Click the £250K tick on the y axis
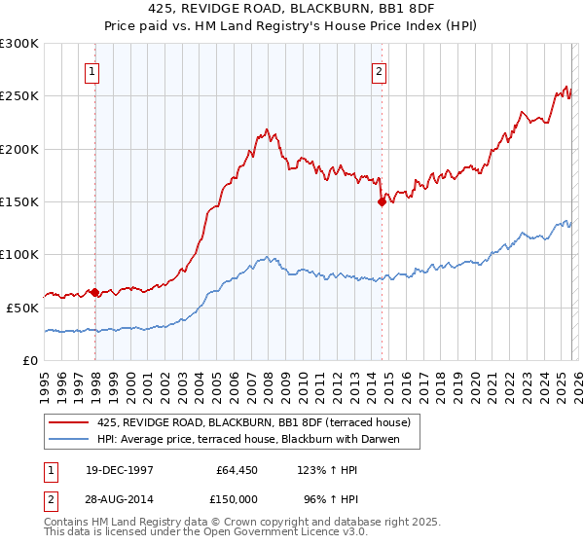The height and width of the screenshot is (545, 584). click(x=19, y=96)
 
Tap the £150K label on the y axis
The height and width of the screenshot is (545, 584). click(x=19, y=201)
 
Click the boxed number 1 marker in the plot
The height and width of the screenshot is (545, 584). click(x=91, y=70)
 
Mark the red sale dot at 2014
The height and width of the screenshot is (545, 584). click(x=382, y=202)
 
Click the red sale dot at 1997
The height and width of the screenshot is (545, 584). click(x=94, y=292)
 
